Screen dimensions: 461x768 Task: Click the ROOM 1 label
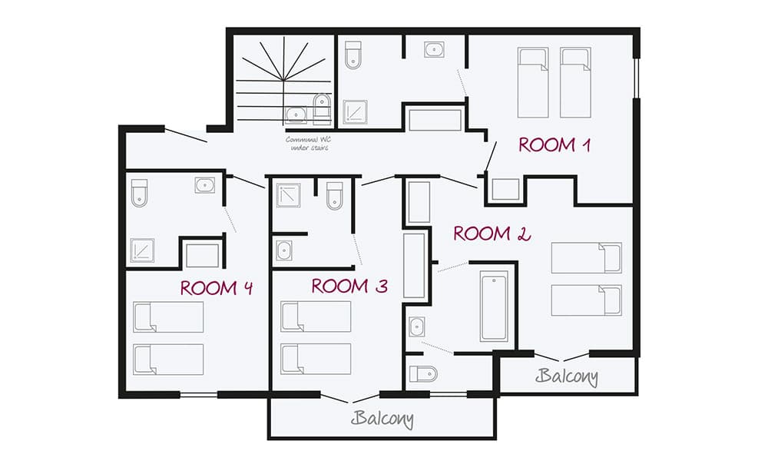(554, 144)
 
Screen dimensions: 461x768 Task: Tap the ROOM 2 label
(492, 234)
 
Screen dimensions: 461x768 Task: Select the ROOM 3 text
(349, 287)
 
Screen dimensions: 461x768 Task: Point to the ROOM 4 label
(217, 288)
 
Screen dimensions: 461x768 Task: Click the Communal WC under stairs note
(307, 144)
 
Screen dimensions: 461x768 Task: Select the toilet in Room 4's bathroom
(139, 193)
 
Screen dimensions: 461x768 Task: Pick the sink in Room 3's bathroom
(283, 250)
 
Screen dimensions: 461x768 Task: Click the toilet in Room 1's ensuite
(353, 55)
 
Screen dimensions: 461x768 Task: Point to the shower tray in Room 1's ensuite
(356, 112)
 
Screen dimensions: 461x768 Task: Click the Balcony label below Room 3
(382, 420)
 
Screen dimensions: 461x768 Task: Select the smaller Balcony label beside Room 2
(567, 376)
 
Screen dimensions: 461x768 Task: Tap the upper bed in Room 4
(168, 317)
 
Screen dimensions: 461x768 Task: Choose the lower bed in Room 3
(316, 358)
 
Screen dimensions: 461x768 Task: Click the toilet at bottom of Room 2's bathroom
(422, 373)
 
